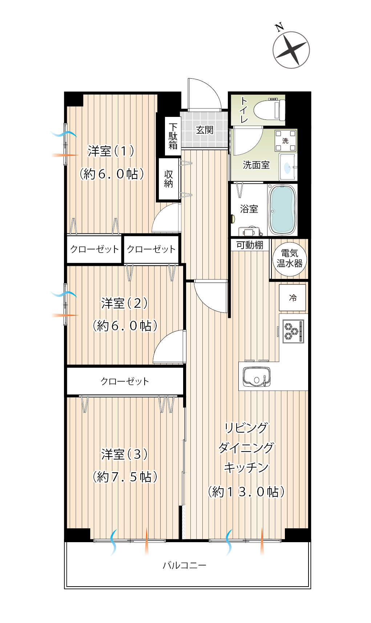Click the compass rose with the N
[x=291, y=50]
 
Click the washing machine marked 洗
[x=286, y=141]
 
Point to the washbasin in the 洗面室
[x=288, y=167]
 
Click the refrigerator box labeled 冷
[x=293, y=297]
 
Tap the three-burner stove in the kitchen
[x=293, y=331]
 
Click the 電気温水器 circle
[x=289, y=259]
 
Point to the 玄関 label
[x=205, y=130]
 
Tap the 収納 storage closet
[x=169, y=179]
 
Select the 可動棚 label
[x=250, y=245]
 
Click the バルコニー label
[x=185, y=565]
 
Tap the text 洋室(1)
[x=111, y=151]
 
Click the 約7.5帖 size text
[x=125, y=477]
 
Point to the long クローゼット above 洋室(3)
[x=125, y=381]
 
